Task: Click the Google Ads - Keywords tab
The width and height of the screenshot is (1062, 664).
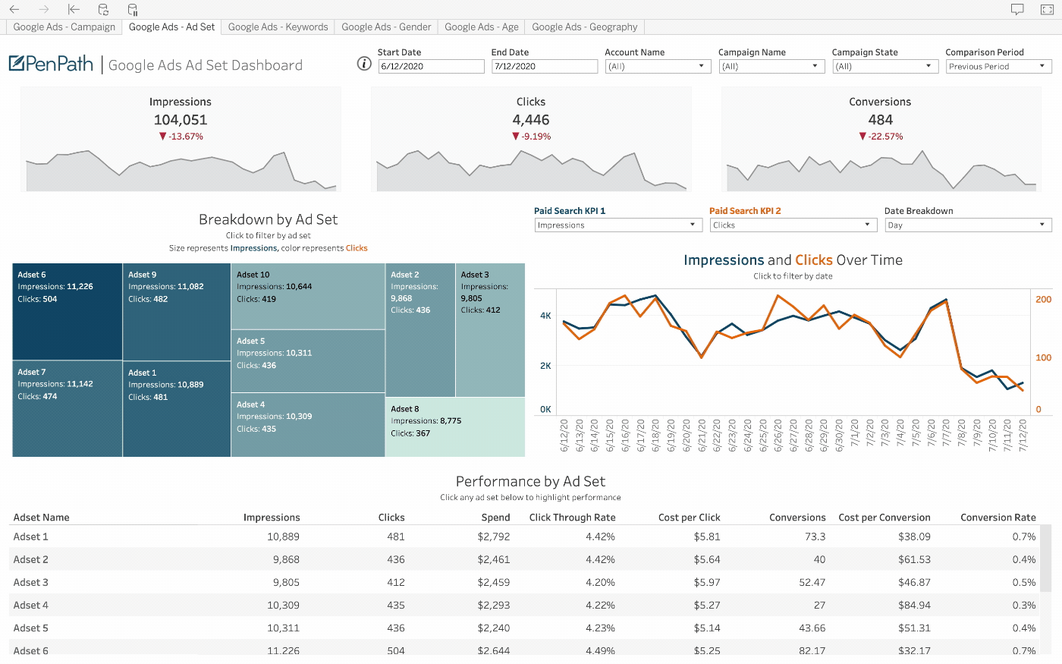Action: (278, 27)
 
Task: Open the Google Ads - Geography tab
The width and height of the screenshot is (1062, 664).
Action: (584, 27)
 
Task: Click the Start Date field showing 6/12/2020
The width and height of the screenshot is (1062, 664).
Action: (431, 67)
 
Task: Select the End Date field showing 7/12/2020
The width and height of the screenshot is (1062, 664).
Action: (544, 67)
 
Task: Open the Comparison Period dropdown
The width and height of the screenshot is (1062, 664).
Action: (998, 67)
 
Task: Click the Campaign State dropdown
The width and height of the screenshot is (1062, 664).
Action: (884, 67)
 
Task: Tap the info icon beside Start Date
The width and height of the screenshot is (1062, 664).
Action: (364, 64)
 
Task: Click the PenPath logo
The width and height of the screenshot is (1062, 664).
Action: (51, 64)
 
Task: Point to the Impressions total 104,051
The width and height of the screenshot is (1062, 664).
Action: (181, 120)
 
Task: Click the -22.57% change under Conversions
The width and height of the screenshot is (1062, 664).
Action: (881, 137)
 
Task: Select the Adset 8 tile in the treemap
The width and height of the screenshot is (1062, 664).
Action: (455, 426)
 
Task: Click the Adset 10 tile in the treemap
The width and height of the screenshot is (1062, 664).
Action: (308, 296)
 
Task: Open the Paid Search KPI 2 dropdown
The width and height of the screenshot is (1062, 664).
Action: (793, 225)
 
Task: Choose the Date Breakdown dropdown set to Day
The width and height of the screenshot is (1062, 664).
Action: (968, 225)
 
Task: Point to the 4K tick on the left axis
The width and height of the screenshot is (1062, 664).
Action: (545, 316)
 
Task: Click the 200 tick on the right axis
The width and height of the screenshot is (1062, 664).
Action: (1044, 300)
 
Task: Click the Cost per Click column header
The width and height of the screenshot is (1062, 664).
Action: (689, 518)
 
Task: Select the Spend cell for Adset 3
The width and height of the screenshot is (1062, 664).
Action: (494, 583)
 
